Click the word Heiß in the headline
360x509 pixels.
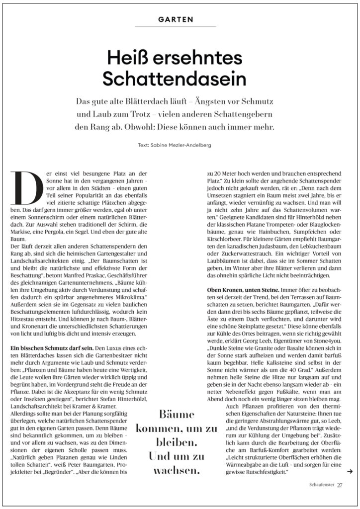(x=122, y=59)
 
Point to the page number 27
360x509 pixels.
(x=340, y=485)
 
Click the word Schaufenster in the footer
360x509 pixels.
(x=320, y=485)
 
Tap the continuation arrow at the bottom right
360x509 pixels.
(x=350, y=471)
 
